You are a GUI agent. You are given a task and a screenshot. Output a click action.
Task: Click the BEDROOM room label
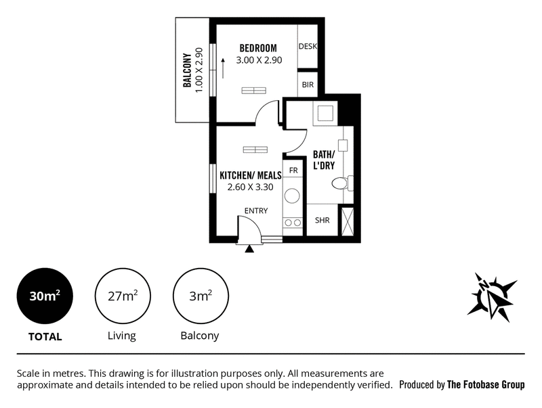coord(258,48)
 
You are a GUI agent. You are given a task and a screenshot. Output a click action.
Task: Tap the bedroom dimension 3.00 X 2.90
coord(259,60)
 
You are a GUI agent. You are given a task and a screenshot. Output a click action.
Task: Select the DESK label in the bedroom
coord(308,46)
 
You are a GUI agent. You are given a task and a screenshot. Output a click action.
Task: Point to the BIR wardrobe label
coord(308,85)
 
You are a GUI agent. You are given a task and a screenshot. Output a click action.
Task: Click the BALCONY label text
coord(187,70)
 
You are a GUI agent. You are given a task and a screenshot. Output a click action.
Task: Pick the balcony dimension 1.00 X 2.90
coord(199,70)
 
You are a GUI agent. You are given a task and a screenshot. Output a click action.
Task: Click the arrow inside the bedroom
coord(223,68)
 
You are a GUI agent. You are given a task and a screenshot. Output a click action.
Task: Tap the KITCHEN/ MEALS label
coord(251,175)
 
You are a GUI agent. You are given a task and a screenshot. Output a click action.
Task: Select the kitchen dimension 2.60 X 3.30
coord(250,187)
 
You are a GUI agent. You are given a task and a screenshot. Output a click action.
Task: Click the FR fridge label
coord(293,171)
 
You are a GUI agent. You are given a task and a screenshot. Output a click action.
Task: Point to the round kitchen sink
coord(293,196)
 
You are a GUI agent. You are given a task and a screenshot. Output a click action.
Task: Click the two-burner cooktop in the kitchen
coord(293,223)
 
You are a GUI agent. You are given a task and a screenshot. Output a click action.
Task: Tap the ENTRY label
coord(256,210)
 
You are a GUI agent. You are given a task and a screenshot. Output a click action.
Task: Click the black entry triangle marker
coord(249,249)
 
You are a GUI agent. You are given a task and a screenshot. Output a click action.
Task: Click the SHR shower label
coord(322,220)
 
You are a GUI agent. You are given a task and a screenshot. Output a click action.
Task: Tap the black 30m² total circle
coord(45,296)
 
